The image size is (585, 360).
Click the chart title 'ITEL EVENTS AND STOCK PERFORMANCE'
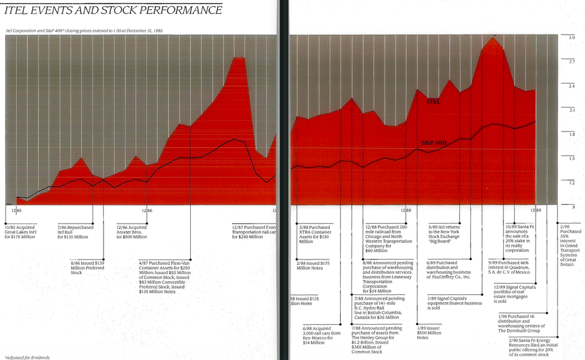tap(113, 10)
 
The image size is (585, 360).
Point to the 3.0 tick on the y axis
tap(572, 38)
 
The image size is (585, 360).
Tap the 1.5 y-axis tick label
tap(572, 158)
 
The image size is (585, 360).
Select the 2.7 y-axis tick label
tap(572, 62)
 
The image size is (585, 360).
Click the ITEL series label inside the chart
tap(433, 102)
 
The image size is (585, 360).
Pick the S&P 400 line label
tap(434, 143)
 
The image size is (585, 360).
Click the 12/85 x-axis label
tap(17, 211)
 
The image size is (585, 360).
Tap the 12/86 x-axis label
tap(146, 211)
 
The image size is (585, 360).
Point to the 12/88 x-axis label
tap(405, 211)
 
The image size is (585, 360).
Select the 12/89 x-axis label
tap(535, 211)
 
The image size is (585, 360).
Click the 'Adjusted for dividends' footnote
tap(27, 357)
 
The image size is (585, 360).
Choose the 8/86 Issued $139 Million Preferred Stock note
tap(87, 267)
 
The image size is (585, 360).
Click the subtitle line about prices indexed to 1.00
tap(84, 30)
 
